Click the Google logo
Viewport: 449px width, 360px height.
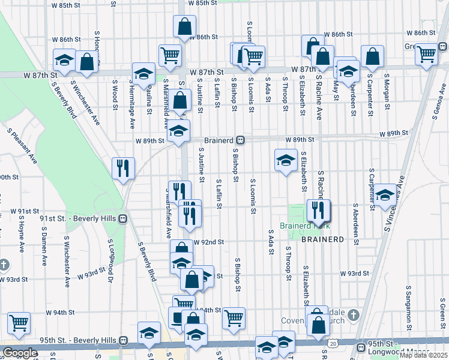click(x=20, y=353)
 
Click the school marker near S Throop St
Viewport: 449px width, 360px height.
click(x=286, y=159)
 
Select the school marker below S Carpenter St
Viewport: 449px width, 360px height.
click(x=385, y=194)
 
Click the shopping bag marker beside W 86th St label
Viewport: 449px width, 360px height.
click(x=184, y=26)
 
